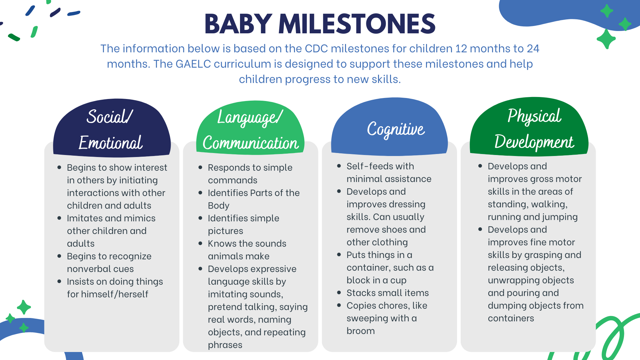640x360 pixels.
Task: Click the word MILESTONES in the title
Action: tap(357, 24)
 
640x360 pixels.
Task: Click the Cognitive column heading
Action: tap(396, 129)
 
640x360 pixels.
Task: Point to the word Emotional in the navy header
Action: tap(111, 143)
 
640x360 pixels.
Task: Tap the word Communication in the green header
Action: tap(251, 143)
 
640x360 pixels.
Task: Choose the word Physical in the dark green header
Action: tap(534, 116)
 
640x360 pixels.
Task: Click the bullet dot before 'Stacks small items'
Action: tap(339, 293)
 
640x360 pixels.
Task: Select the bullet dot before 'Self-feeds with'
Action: tap(339, 166)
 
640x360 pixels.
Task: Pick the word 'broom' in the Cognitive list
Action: tap(361, 331)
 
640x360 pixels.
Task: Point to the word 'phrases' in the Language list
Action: tap(225, 345)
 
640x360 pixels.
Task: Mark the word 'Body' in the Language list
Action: tap(219, 206)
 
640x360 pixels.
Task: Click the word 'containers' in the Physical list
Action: tap(511, 318)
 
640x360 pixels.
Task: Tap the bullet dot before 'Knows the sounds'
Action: tap(200, 243)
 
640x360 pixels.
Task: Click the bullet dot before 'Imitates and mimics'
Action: tap(59, 218)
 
